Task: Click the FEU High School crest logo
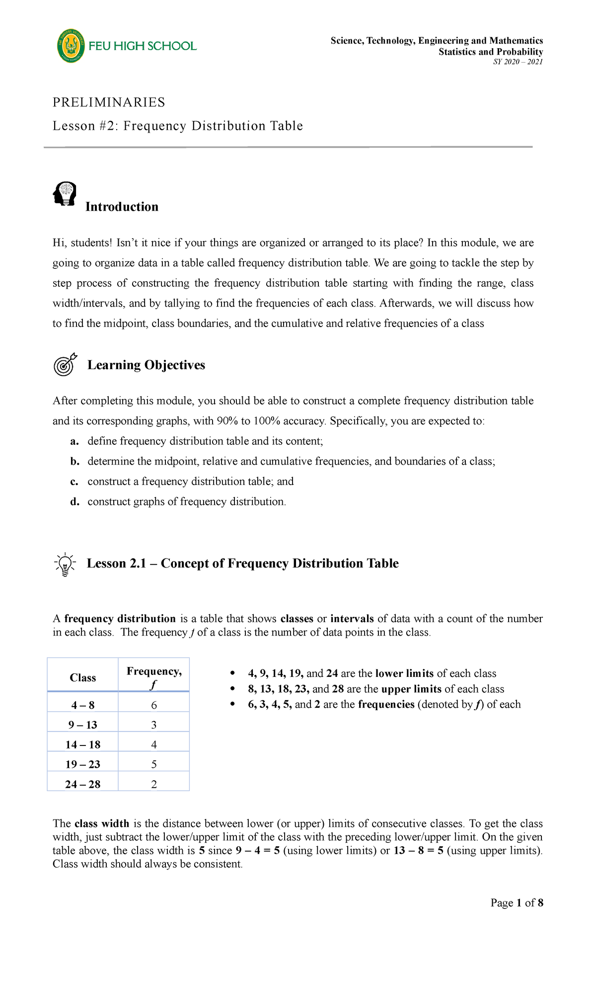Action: click(71, 46)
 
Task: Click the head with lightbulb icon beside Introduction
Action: click(65, 194)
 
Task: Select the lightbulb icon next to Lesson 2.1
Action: click(65, 564)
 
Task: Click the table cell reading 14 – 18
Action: click(82, 744)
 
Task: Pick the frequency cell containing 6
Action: click(154, 705)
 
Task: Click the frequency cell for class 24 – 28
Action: click(154, 784)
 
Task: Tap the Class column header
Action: click(82, 678)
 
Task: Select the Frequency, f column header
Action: click(154, 677)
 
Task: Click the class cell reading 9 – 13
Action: click(82, 725)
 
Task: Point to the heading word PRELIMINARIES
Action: click(109, 102)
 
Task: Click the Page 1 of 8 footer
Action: click(517, 902)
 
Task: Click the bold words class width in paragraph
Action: click(102, 823)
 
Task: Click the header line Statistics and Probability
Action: click(491, 52)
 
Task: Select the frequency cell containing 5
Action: click(154, 764)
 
